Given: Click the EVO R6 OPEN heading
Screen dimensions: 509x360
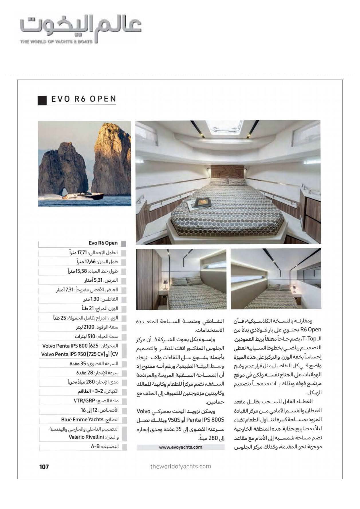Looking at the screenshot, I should click(x=83, y=99).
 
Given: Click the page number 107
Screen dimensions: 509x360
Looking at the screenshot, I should click(x=44, y=467).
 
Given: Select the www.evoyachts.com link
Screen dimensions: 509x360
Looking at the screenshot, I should click(x=180, y=447).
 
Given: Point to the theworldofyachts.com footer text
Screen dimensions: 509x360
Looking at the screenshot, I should click(x=180, y=466).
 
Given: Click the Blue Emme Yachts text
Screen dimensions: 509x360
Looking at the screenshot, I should click(x=82, y=419).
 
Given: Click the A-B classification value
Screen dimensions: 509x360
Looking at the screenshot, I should click(x=95, y=446).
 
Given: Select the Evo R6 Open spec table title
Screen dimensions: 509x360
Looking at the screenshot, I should click(x=103, y=243).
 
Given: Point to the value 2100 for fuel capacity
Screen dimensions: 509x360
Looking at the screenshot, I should click(x=89, y=327).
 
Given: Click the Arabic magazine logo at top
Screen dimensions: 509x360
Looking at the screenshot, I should click(x=81, y=27).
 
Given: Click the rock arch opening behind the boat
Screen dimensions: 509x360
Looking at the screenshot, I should click(x=65, y=191).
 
